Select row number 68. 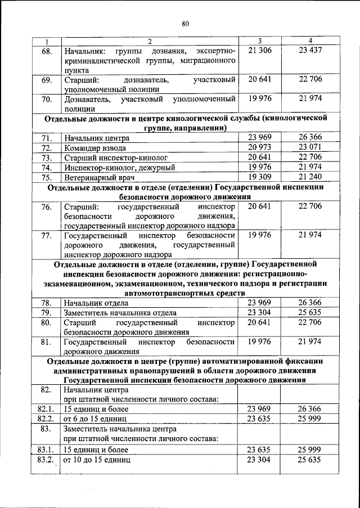click(x=47, y=51)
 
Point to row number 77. click(x=47, y=235)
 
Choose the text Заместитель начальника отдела click(x=120, y=313)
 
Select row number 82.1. click(x=47, y=410)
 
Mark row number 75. click(x=47, y=177)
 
